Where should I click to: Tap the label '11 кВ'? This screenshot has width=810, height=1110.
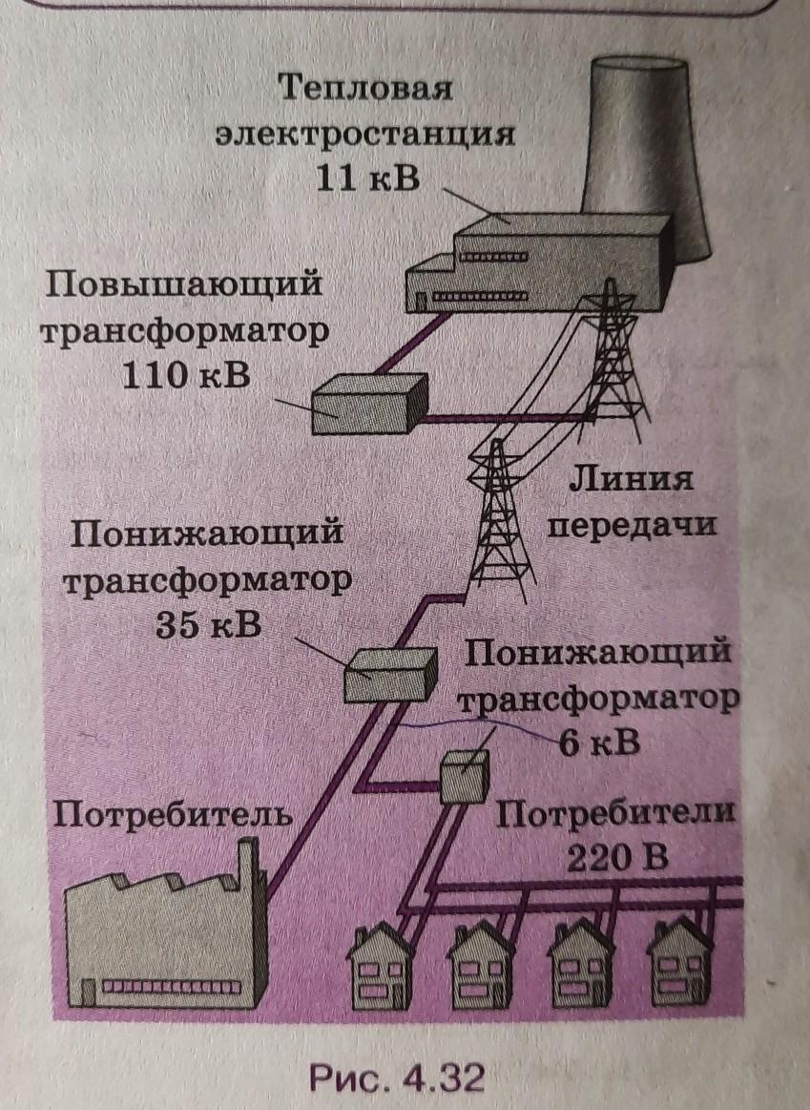pos(366,178)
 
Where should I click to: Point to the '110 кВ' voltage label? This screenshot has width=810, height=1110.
pos(186,375)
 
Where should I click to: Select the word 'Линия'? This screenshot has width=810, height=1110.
pos(629,477)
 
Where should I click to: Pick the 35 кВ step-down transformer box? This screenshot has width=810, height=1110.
pos(389,672)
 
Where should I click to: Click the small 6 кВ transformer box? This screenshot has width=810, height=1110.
pos(465,775)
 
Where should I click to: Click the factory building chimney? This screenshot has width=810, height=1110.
pos(250,869)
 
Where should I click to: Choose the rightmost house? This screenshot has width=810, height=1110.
pos(681,964)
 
